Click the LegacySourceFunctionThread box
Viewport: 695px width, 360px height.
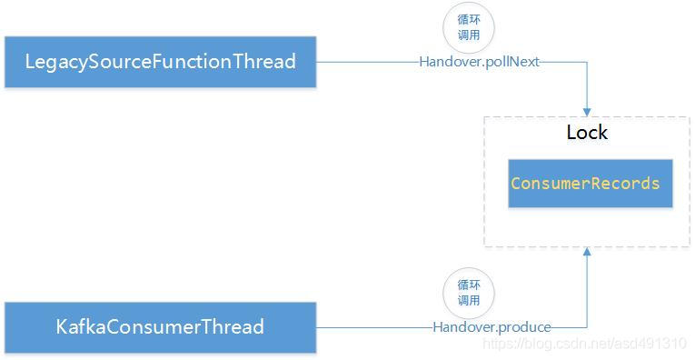tap(160, 62)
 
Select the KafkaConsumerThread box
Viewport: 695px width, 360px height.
tap(160, 327)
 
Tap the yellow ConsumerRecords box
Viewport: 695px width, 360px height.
tap(585, 184)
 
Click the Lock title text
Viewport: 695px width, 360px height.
tap(587, 133)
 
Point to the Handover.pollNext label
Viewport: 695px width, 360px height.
tap(480, 62)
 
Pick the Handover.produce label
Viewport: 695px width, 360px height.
tap(491, 327)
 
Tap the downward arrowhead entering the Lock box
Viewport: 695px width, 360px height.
tap(587, 110)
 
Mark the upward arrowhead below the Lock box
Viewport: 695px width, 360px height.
tap(587, 252)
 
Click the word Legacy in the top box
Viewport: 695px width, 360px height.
tap(56, 62)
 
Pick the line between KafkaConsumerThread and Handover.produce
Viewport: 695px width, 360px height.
tap(372, 327)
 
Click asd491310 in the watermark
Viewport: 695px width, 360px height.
tap(652, 344)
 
